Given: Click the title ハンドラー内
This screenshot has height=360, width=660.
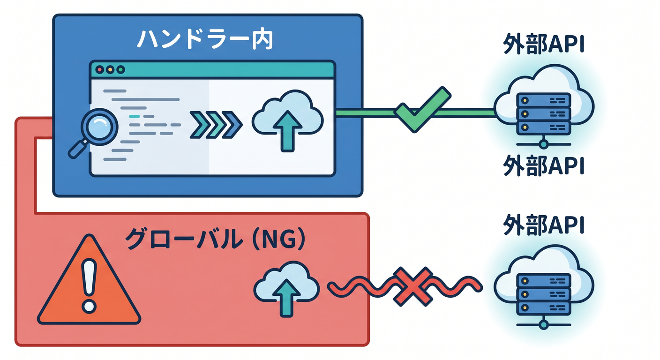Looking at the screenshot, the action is tap(205, 40).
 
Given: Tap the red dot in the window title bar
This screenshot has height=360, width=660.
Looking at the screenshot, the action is tap(100, 70).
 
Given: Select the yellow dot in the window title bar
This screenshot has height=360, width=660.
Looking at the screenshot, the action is tap(110, 70).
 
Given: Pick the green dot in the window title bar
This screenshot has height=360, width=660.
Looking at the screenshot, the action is tap(120, 70).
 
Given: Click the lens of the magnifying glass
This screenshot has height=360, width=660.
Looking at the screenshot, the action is tap(99, 127).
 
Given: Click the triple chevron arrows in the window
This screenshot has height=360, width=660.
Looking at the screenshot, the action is tap(216, 125).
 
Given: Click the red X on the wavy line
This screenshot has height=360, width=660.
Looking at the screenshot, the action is tap(412, 287).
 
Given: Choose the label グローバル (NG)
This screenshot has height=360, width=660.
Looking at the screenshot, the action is tap(215, 239).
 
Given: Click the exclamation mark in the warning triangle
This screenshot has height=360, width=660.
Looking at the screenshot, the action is tap(89, 286).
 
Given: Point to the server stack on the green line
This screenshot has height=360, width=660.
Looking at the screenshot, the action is tap(544, 113).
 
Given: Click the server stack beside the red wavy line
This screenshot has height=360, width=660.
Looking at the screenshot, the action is tap(544, 294).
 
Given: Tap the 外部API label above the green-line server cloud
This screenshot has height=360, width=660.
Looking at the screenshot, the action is tap(544, 44).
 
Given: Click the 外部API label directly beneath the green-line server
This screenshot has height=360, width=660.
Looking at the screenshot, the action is tap(544, 165).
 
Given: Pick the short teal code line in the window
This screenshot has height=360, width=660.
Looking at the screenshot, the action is tap(135, 116).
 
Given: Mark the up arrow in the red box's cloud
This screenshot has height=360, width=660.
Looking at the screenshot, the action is tap(286, 298).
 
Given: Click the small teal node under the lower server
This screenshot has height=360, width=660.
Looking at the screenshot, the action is tap(544, 325).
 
